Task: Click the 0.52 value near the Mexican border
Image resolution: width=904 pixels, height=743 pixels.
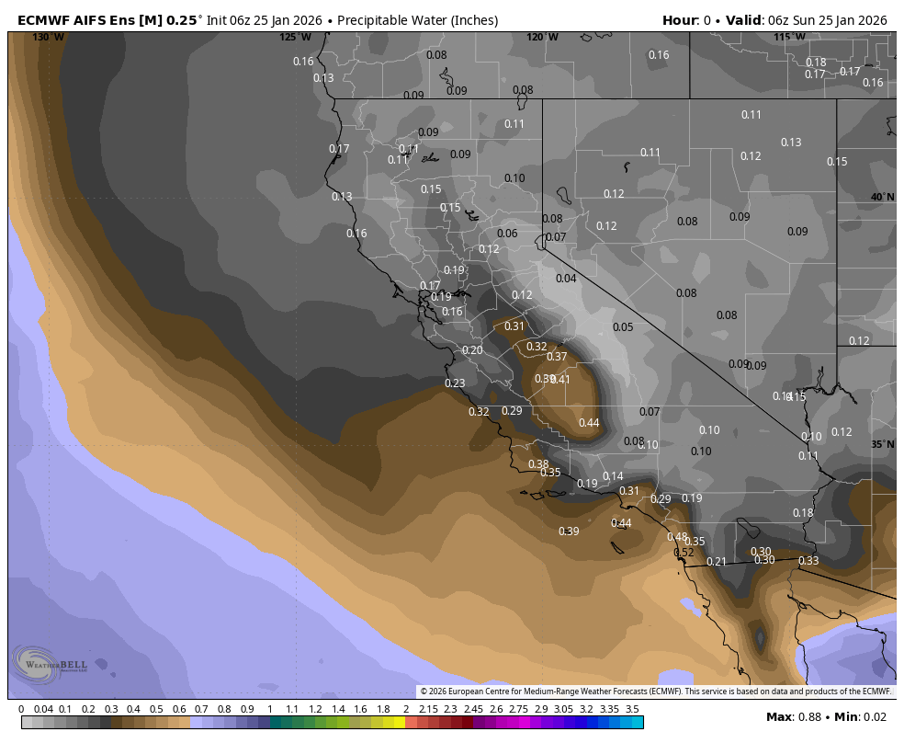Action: (x=684, y=553)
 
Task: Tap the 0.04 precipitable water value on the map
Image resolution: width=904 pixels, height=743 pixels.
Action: (x=566, y=279)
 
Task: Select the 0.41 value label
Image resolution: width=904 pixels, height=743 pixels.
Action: (x=560, y=380)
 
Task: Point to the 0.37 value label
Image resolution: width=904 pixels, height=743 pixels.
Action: (x=557, y=357)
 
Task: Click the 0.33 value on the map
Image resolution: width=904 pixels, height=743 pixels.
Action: (x=808, y=561)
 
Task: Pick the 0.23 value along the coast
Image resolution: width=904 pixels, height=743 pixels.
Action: (x=455, y=383)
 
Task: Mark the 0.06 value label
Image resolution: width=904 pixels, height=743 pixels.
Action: (x=507, y=234)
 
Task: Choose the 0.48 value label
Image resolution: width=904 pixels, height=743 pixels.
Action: (x=677, y=537)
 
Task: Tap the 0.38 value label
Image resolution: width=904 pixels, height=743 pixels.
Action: (x=538, y=464)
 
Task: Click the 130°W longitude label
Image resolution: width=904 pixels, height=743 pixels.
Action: (x=49, y=38)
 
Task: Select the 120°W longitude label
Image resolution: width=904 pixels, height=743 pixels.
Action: (x=542, y=38)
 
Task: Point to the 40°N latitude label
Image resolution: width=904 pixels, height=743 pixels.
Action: (x=883, y=198)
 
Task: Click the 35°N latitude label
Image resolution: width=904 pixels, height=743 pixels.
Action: (x=883, y=444)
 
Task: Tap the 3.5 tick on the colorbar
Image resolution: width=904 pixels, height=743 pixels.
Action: (x=632, y=709)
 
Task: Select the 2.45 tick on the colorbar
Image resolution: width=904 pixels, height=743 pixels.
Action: (x=473, y=709)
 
